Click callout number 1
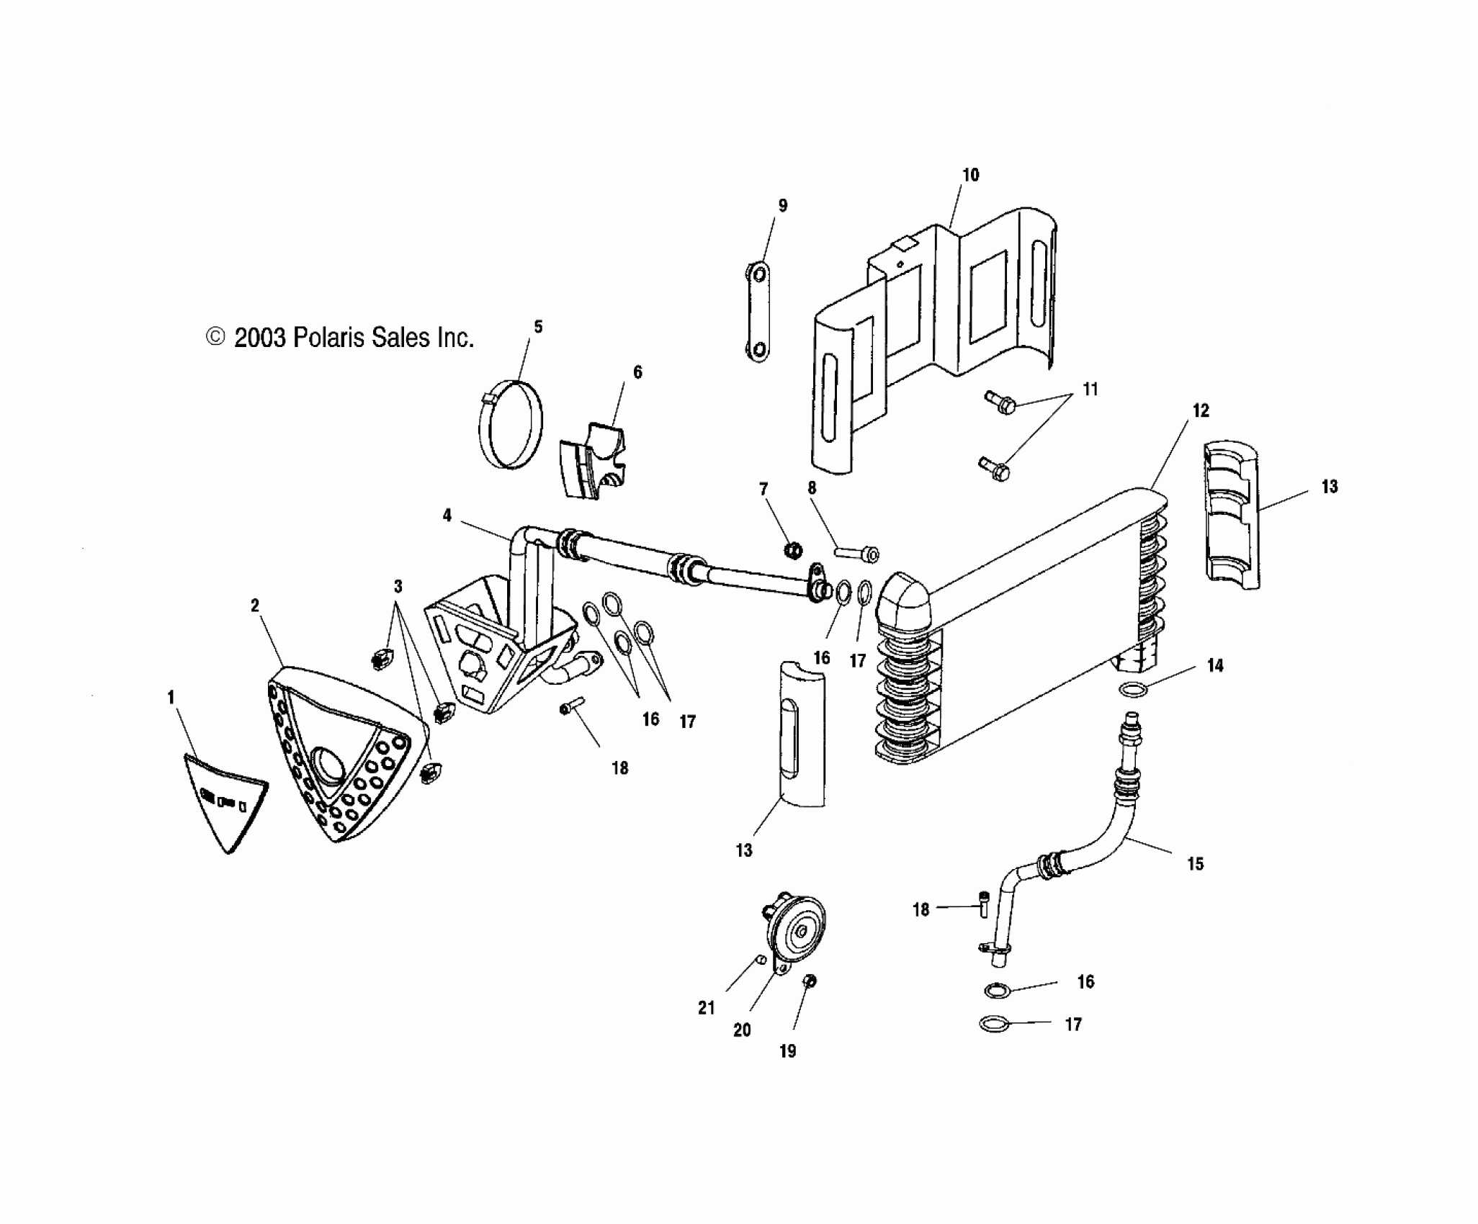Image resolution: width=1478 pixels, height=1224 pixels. click(171, 697)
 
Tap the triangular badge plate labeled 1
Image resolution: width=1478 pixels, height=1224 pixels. click(224, 798)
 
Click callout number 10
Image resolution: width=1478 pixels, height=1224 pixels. click(970, 175)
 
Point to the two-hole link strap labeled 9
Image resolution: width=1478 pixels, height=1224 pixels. click(758, 311)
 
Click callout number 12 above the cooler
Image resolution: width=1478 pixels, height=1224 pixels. click(1200, 411)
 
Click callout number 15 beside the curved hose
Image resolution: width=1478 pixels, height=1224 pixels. click(1195, 863)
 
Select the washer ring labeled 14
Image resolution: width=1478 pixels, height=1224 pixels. click(1133, 690)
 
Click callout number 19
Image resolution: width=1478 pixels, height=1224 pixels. click(788, 1050)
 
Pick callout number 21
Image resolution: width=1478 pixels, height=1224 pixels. click(706, 1007)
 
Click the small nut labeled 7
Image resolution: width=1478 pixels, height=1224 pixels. click(792, 551)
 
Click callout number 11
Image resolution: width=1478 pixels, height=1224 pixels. click(1090, 390)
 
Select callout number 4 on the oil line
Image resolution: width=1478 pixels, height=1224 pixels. click(447, 516)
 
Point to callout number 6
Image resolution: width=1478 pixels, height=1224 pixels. click(637, 372)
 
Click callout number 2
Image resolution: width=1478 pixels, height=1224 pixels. click(254, 606)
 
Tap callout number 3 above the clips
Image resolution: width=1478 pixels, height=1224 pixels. click(398, 586)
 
